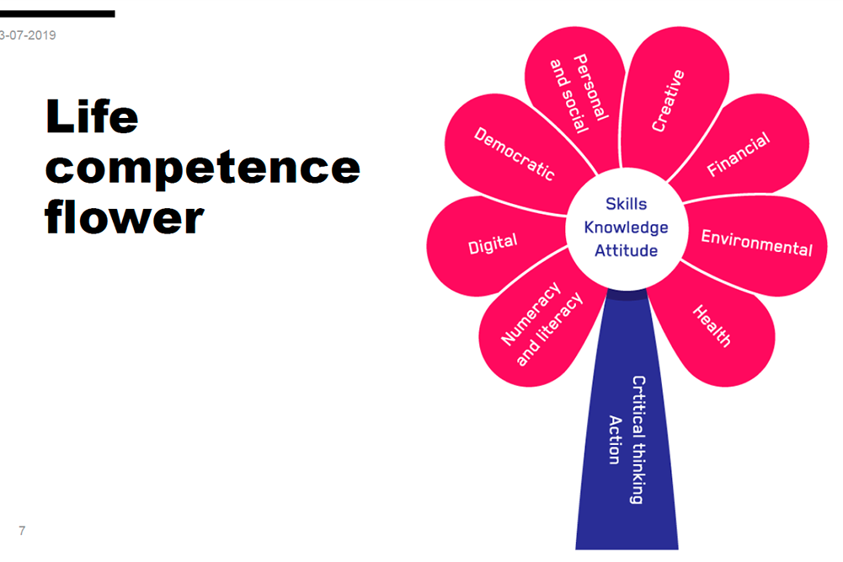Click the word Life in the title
[x=92, y=117]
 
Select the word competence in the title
[x=202, y=168]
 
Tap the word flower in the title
[x=125, y=217]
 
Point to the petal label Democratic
[x=514, y=153]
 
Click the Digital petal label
[x=493, y=244]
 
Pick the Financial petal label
[x=738, y=154]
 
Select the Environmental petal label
[x=756, y=243]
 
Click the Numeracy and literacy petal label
[x=542, y=324]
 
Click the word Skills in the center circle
[x=627, y=204]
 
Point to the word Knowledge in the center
[x=627, y=227]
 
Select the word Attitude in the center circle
[x=627, y=250]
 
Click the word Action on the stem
[x=615, y=439]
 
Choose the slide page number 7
[x=22, y=530]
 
